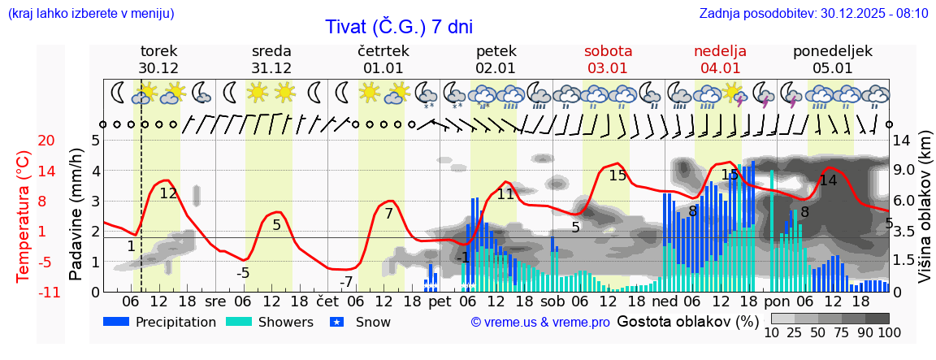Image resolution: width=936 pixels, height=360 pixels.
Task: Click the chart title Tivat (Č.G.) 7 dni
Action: coord(398,26)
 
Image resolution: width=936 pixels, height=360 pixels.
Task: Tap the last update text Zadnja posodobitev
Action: coord(813,13)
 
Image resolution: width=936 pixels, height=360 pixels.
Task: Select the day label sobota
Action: coord(608,51)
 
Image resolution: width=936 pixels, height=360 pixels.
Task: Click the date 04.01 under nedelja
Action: coord(720,68)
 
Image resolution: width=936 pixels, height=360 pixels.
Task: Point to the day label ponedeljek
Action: coord(833,51)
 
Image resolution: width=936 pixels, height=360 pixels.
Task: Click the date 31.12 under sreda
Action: coord(271,68)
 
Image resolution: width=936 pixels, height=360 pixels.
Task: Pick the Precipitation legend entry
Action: coord(160,322)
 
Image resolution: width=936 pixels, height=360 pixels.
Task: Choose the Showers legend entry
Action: coord(269,322)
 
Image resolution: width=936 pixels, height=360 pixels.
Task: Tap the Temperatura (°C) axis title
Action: coord(23,215)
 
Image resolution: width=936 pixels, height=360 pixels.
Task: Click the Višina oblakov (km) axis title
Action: coord(925,215)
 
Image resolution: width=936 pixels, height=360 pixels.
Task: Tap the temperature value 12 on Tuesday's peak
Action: coord(168,193)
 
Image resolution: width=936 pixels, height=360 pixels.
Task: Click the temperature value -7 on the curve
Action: coord(347,282)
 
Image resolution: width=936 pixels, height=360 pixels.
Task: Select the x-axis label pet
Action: coord(440,301)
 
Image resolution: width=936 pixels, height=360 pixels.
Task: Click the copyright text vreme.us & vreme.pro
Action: coord(540,323)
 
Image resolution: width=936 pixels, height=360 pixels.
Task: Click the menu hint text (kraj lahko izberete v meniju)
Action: coord(91,13)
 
